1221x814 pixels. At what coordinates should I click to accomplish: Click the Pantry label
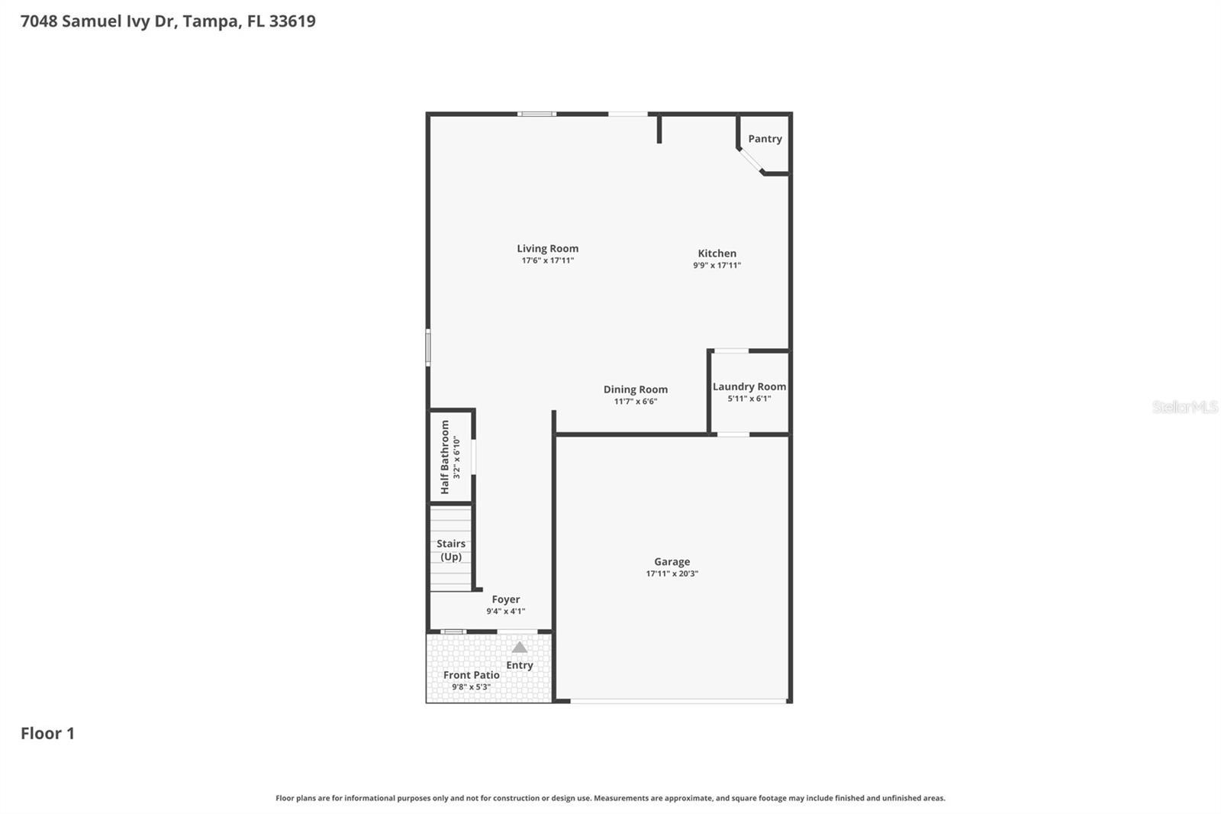(x=765, y=139)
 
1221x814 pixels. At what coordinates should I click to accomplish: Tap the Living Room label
(x=547, y=248)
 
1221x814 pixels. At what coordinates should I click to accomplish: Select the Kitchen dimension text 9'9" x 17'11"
(x=717, y=266)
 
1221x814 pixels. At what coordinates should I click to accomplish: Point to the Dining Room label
(x=635, y=389)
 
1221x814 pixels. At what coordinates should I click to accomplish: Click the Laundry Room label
(x=749, y=386)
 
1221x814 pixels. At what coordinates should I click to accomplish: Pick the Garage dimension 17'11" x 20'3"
(x=672, y=573)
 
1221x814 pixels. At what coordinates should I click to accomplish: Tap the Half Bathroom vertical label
(x=445, y=457)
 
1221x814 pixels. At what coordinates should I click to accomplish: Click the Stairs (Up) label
(x=451, y=550)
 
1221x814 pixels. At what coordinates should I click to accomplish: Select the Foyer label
(x=505, y=599)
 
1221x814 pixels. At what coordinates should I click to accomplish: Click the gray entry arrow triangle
(x=519, y=648)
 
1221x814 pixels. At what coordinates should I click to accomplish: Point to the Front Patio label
(x=471, y=675)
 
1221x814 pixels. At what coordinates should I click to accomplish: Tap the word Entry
(x=519, y=665)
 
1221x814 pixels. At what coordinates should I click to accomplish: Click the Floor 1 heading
(x=47, y=733)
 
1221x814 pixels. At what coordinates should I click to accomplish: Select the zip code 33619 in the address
(x=292, y=21)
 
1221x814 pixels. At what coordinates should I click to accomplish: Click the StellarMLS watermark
(x=1184, y=407)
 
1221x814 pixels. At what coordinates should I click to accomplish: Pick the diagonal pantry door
(x=750, y=161)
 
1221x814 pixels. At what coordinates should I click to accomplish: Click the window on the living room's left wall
(x=428, y=347)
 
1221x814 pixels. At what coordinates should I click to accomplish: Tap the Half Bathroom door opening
(x=473, y=457)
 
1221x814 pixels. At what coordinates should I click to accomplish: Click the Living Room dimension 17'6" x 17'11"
(x=547, y=260)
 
